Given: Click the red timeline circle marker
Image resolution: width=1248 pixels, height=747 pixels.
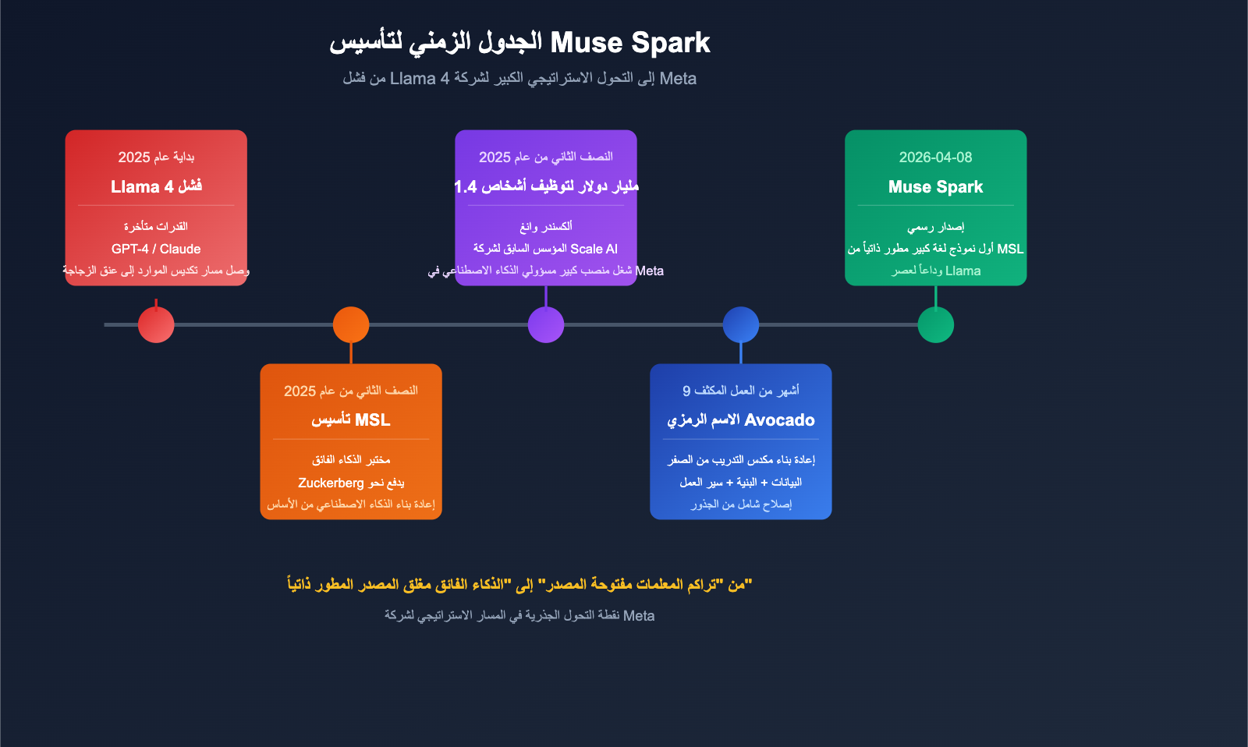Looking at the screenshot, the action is click(x=156, y=325).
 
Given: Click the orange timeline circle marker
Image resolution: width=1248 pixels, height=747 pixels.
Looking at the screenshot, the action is click(x=351, y=325).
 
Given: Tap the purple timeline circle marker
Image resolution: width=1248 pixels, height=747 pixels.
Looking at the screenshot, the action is click(x=546, y=325).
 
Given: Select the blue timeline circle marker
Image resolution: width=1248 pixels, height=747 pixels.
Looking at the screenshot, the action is click(x=741, y=325).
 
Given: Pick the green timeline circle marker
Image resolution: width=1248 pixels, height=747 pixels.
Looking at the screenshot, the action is click(x=936, y=325).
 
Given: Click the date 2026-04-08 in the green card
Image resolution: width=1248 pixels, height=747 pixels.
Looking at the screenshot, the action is click(x=935, y=158).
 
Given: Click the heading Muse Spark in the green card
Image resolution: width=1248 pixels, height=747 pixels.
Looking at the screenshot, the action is click(x=935, y=187).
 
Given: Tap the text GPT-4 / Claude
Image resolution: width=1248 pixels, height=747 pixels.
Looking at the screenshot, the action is click(x=156, y=249).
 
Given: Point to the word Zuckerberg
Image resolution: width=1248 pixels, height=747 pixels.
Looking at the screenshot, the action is click(x=331, y=483).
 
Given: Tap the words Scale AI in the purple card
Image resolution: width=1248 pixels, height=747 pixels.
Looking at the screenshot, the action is click(x=594, y=249).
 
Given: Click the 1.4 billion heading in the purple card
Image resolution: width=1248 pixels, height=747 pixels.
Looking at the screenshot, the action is click(x=546, y=187).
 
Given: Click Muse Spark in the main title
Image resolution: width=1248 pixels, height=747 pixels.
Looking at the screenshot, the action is click(x=630, y=42).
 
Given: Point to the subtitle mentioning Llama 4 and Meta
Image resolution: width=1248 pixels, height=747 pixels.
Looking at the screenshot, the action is click(x=519, y=79).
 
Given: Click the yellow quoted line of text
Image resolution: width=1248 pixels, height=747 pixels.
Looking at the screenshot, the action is click(x=519, y=584).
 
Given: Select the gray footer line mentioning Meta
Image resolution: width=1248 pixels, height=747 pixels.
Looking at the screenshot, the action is click(x=519, y=616).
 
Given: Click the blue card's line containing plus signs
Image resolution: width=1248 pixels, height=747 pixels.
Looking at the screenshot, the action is click(x=740, y=482).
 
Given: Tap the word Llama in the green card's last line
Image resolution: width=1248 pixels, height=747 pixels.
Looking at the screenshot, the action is click(x=963, y=271).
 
